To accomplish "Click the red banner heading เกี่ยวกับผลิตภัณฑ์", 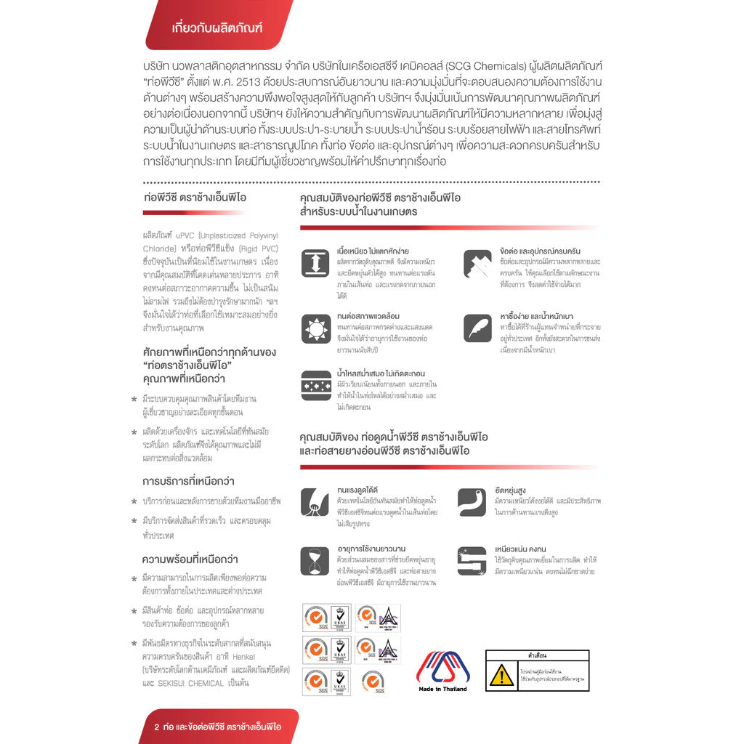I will [216, 28].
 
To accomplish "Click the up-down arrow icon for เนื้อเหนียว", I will [315, 262].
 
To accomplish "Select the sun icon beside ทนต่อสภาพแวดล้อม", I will [315, 328].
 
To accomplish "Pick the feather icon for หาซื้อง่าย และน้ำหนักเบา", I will [477, 328].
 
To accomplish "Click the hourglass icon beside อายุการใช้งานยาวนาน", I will [315, 561].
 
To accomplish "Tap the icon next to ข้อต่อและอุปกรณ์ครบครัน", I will [477, 262].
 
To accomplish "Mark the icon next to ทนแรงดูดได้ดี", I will [315, 501].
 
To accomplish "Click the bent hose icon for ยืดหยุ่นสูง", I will [472, 501].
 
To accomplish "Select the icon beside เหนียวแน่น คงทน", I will [472, 561].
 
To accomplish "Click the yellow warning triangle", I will [501, 676].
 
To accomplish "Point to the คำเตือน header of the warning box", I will [537, 655].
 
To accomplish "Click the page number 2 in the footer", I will [157, 727].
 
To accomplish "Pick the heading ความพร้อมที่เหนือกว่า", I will [190, 559].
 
